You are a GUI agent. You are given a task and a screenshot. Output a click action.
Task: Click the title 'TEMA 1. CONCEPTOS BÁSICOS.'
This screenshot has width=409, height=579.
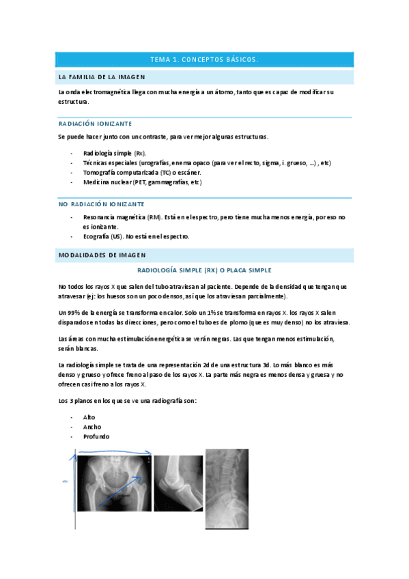click(x=204, y=59)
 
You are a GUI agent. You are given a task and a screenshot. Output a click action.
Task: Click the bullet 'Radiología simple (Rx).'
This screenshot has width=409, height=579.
click(x=114, y=154)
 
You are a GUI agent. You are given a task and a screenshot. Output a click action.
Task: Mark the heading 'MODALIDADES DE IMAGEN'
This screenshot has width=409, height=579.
click(x=102, y=255)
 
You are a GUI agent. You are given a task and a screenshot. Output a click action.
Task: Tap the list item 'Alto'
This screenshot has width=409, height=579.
click(x=89, y=416)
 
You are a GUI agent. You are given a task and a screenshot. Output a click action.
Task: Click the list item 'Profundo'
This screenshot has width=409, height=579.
click(x=96, y=436)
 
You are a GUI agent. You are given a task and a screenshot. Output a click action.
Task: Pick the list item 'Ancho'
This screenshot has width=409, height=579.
click(x=91, y=427)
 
